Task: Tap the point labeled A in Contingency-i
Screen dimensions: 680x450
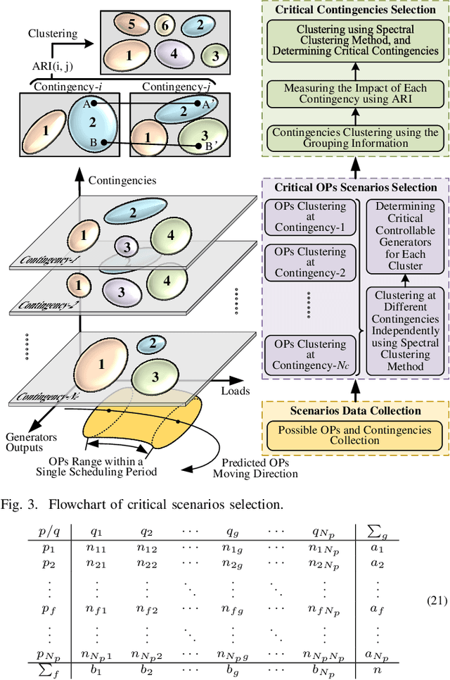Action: tap(94, 103)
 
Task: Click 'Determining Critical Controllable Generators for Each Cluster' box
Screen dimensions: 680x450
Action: tap(405, 237)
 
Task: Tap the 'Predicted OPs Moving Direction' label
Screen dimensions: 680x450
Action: tap(255, 468)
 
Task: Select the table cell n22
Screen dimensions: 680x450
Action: tap(148, 564)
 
